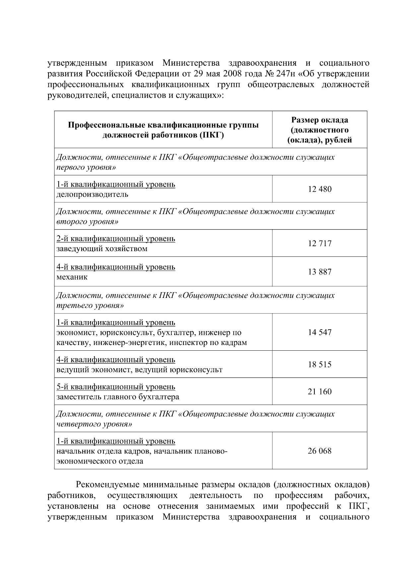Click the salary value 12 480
pyautogui.click(x=319, y=189)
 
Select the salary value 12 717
pyautogui.click(x=319, y=244)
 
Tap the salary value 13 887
pyautogui.click(x=319, y=272)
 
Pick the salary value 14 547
pyautogui.click(x=319, y=332)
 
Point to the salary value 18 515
pyautogui.click(x=319, y=365)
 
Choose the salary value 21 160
pyautogui.click(x=319, y=392)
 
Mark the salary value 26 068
pyautogui.click(x=319, y=451)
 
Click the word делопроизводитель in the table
pyautogui.click(x=92, y=194)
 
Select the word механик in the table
pyautogui.click(x=72, y=277)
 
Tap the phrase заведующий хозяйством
pyautogui.click(x=102, y=249)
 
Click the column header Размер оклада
pyautogui.click(x=319, y=120)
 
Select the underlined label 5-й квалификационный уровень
pyautogui.click(x=116, y=387)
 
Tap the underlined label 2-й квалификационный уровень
pyautogui.click(x=116, y=239)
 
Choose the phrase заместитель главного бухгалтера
pyautogui.click(x=118, y=397)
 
